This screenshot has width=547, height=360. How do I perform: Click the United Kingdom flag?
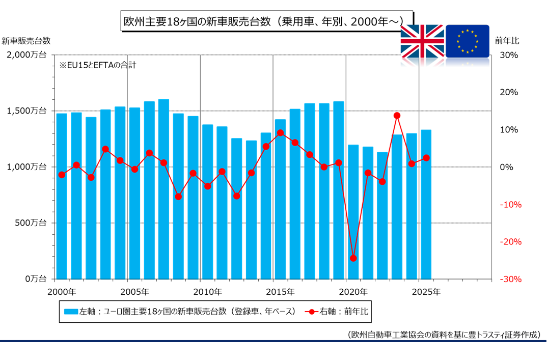[422, 40]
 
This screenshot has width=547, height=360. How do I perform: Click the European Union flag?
[467, 40]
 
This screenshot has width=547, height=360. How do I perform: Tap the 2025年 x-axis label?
[426, 292]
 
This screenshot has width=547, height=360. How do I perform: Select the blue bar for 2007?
[163, 189]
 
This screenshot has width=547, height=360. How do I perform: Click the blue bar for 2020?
[353, 212]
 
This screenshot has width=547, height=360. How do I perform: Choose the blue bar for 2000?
[62, 196]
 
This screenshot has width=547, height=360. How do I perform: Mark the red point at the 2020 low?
[353, 258]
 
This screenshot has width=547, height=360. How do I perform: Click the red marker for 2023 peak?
[397, 116]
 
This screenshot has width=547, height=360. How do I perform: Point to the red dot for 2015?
[280, 132]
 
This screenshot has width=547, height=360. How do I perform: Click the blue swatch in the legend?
[71, 311]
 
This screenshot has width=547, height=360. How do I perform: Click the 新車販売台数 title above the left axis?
[26, 40]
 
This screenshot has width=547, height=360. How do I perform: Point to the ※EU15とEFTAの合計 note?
[98, 65]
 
